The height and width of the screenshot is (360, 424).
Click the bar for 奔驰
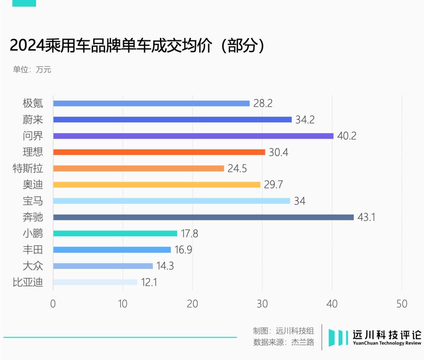[203, 217]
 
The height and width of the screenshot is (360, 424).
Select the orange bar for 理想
[159, 152]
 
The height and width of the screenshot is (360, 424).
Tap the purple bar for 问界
[193, 136]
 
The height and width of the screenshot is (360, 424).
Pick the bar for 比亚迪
[95, 282]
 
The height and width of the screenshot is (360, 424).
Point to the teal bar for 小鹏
[115, 233]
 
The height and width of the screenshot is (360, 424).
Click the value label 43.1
[366, 217]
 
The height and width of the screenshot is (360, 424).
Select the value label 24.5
[237, 168]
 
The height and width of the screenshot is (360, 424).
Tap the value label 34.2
[305, 120]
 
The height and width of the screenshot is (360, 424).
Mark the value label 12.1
[149, 282]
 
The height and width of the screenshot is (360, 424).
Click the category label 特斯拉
[28, 168]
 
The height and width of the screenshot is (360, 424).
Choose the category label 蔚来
[33, 120]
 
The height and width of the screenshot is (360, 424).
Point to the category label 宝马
[33, 201]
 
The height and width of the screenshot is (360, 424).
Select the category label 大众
[33, 266]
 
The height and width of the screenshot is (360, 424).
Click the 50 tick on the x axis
[402, 304]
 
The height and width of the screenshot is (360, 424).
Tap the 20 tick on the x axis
[192, 304]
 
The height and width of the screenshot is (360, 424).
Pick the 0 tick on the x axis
[53, 304]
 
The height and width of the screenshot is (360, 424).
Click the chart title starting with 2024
[138, 46]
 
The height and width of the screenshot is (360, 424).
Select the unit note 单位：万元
[32, 70]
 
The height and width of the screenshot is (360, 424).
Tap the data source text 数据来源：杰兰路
[284, 342]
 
